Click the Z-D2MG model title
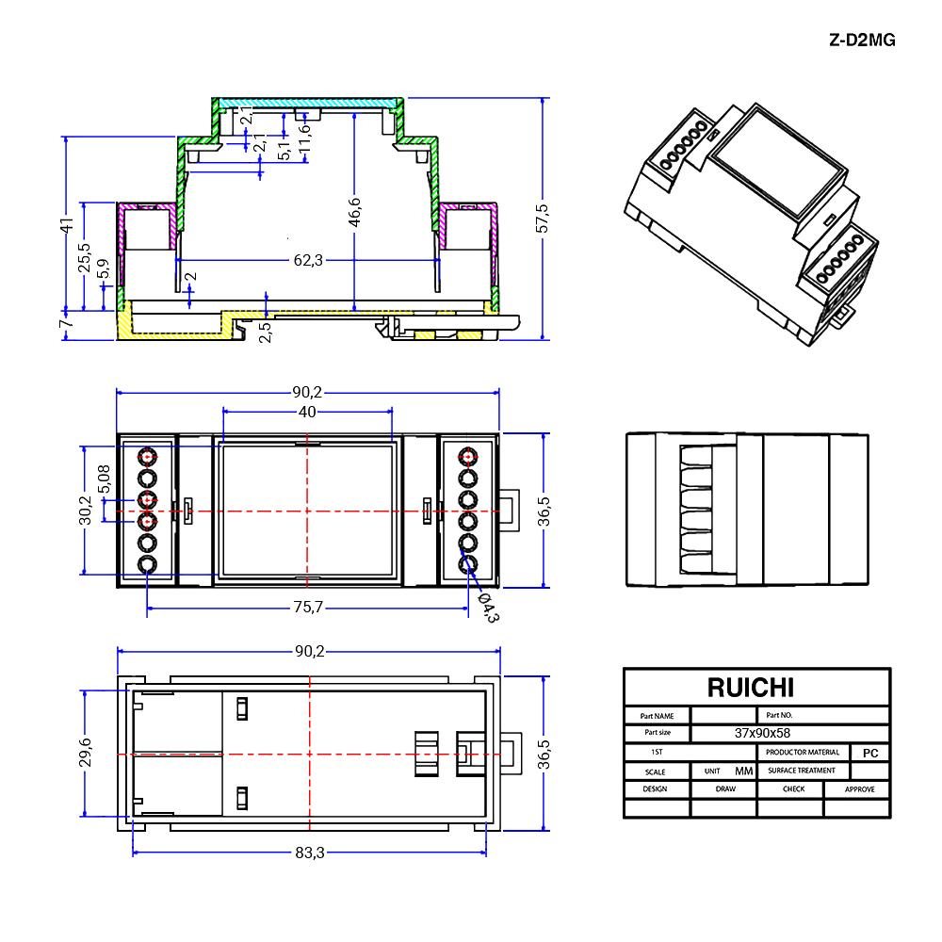click(862, 41)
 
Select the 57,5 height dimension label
click(542, 219)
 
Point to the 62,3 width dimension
click(308, 260)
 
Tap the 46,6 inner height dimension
click(354, 213)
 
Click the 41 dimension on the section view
click(66, 225)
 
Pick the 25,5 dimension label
click(84, 257)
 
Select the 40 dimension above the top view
click(307, 413)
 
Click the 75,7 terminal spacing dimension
click(308, 608)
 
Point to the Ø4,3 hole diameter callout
click(487, 608)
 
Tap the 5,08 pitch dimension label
click(104, 479)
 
